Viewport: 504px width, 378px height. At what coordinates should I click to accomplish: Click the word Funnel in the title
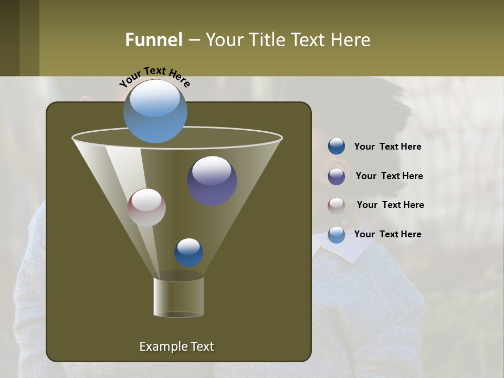(x=153, y=40)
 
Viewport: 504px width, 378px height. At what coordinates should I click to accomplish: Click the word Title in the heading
(x=266, y=40)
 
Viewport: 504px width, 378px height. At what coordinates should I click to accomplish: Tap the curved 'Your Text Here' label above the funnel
(x=154, y=76)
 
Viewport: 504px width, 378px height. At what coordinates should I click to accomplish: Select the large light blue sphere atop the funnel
(x=155, y=111)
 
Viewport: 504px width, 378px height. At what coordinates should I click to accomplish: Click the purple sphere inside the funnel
(x=212, y=181)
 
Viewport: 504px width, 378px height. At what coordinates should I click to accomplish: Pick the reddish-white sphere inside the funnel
(x=146, y=207)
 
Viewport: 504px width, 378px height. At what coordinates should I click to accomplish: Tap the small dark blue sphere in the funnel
(x=188, y=253)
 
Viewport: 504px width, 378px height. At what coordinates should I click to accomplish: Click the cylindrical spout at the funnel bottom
(x=178, y=297)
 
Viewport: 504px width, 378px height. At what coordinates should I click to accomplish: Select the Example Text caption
(x=176, y=346)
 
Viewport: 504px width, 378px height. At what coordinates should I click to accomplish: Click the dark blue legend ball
(x=337, y=146)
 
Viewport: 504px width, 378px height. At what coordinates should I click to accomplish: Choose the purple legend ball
(x=337, y=176)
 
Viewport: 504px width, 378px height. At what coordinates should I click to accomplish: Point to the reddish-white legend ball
(x=337, y=205)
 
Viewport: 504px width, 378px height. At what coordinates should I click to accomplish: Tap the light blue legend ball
(x=337, y=235)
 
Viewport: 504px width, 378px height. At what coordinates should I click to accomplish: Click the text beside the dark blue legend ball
(x=387, y=147)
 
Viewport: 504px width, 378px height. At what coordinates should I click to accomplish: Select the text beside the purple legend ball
(x=389, y=176)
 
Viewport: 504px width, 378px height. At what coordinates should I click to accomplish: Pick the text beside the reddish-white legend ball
(x=390, y=205)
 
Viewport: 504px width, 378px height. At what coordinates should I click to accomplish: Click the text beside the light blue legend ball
(x=387, y=234)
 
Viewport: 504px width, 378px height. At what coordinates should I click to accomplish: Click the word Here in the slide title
(x=351, y=40)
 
